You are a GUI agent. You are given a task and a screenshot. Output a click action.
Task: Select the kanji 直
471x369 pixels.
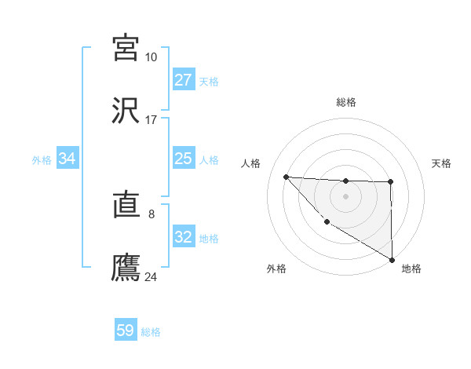pos(126,206)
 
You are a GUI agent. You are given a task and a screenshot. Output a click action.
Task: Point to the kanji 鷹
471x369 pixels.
pos(126,267)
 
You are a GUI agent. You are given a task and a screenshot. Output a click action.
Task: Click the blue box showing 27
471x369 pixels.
pos(183,80)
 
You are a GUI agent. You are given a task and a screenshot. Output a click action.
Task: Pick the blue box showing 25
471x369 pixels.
pos(183,159)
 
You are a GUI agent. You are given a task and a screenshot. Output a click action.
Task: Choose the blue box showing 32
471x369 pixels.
pos(183,237)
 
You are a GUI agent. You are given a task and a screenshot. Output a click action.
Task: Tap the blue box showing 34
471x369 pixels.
pos(68,159)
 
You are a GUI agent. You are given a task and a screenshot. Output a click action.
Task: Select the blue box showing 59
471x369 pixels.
pos(126,331)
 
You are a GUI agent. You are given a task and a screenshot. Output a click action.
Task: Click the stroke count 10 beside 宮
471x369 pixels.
pos(151,57)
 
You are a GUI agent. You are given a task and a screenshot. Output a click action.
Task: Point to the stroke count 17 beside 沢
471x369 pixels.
pos(151,119)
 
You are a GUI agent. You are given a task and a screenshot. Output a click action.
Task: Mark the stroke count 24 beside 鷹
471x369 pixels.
pos(151,277)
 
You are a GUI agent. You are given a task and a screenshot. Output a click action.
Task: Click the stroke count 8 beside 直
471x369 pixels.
pos(151,213)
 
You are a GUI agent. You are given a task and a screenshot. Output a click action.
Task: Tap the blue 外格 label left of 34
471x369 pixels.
pos(42,160)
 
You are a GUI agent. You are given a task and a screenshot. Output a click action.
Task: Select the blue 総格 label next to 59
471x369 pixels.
pos(151,332)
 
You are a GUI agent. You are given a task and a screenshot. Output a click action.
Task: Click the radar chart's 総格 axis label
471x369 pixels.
pos(345,102)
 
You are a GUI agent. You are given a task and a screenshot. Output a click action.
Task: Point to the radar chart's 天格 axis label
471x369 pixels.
pos(441,163)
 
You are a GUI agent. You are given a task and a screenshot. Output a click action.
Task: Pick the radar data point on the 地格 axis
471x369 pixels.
pos(392,259)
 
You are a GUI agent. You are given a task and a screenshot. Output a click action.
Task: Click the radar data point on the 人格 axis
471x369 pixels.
pos(286,177)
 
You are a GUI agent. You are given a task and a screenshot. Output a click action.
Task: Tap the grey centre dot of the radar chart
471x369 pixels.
pos(345,195)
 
